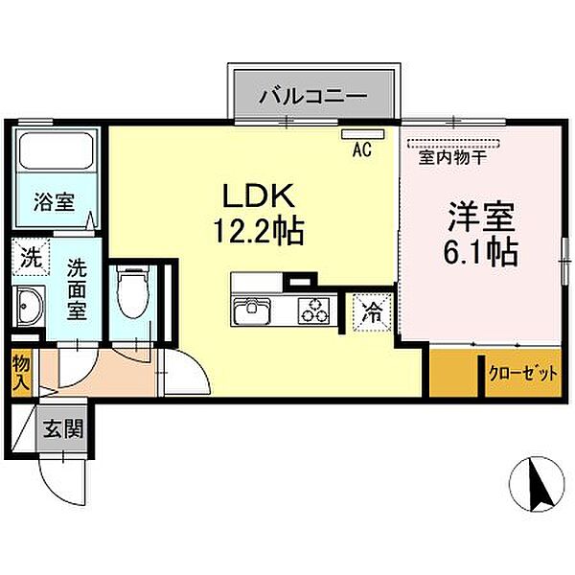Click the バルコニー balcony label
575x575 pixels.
click(313, 96)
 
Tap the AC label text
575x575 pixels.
click(361, 149)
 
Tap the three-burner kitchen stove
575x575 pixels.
click(313, 310)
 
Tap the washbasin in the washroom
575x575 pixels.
click(27, 306)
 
